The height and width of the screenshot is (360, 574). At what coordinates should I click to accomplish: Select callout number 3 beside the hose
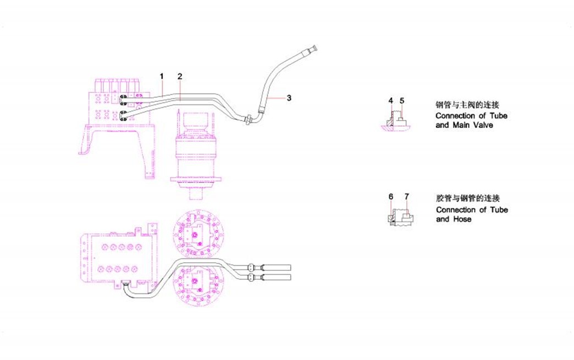click(x=289, y=98)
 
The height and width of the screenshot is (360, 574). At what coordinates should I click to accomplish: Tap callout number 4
click(x=390, y=101)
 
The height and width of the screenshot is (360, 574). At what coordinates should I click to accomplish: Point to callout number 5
click(x=402, y=101)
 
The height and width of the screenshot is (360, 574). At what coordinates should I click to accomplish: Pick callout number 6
click(x=390, y=196)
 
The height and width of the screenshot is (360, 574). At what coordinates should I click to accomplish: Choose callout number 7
click(x=406, y=196)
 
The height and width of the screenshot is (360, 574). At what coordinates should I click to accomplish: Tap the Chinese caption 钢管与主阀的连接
click(x=467, y=104)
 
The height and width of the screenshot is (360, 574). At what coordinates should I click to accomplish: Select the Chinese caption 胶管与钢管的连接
click(x=467, y=197)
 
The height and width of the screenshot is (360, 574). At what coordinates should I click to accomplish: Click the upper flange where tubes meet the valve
click(x=123, y=99)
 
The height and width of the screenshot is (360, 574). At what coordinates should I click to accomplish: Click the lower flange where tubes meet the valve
click(x=123, y=116)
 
